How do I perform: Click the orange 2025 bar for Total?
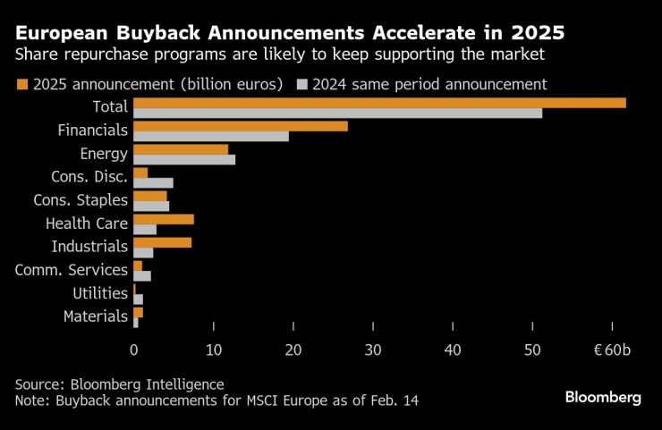[379, 102]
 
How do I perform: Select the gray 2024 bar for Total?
[337, 113]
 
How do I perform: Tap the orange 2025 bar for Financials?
[240, 126]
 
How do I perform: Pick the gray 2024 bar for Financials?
[210, 136]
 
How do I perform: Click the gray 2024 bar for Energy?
[183, 160]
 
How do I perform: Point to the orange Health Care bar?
[163, 219]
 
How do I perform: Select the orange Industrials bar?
[162, 242]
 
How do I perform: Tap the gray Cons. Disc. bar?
[153, 182]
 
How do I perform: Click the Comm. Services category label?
[72, 269]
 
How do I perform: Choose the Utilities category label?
[100, 292]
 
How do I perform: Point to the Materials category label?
[96, 316]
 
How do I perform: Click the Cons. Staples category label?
[81, 199]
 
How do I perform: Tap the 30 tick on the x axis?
[373, 349]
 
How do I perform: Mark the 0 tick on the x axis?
[133, 349]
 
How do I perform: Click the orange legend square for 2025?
[22, 85]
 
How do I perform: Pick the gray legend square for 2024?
[302, 85]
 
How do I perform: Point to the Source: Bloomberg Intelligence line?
[119, 384]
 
